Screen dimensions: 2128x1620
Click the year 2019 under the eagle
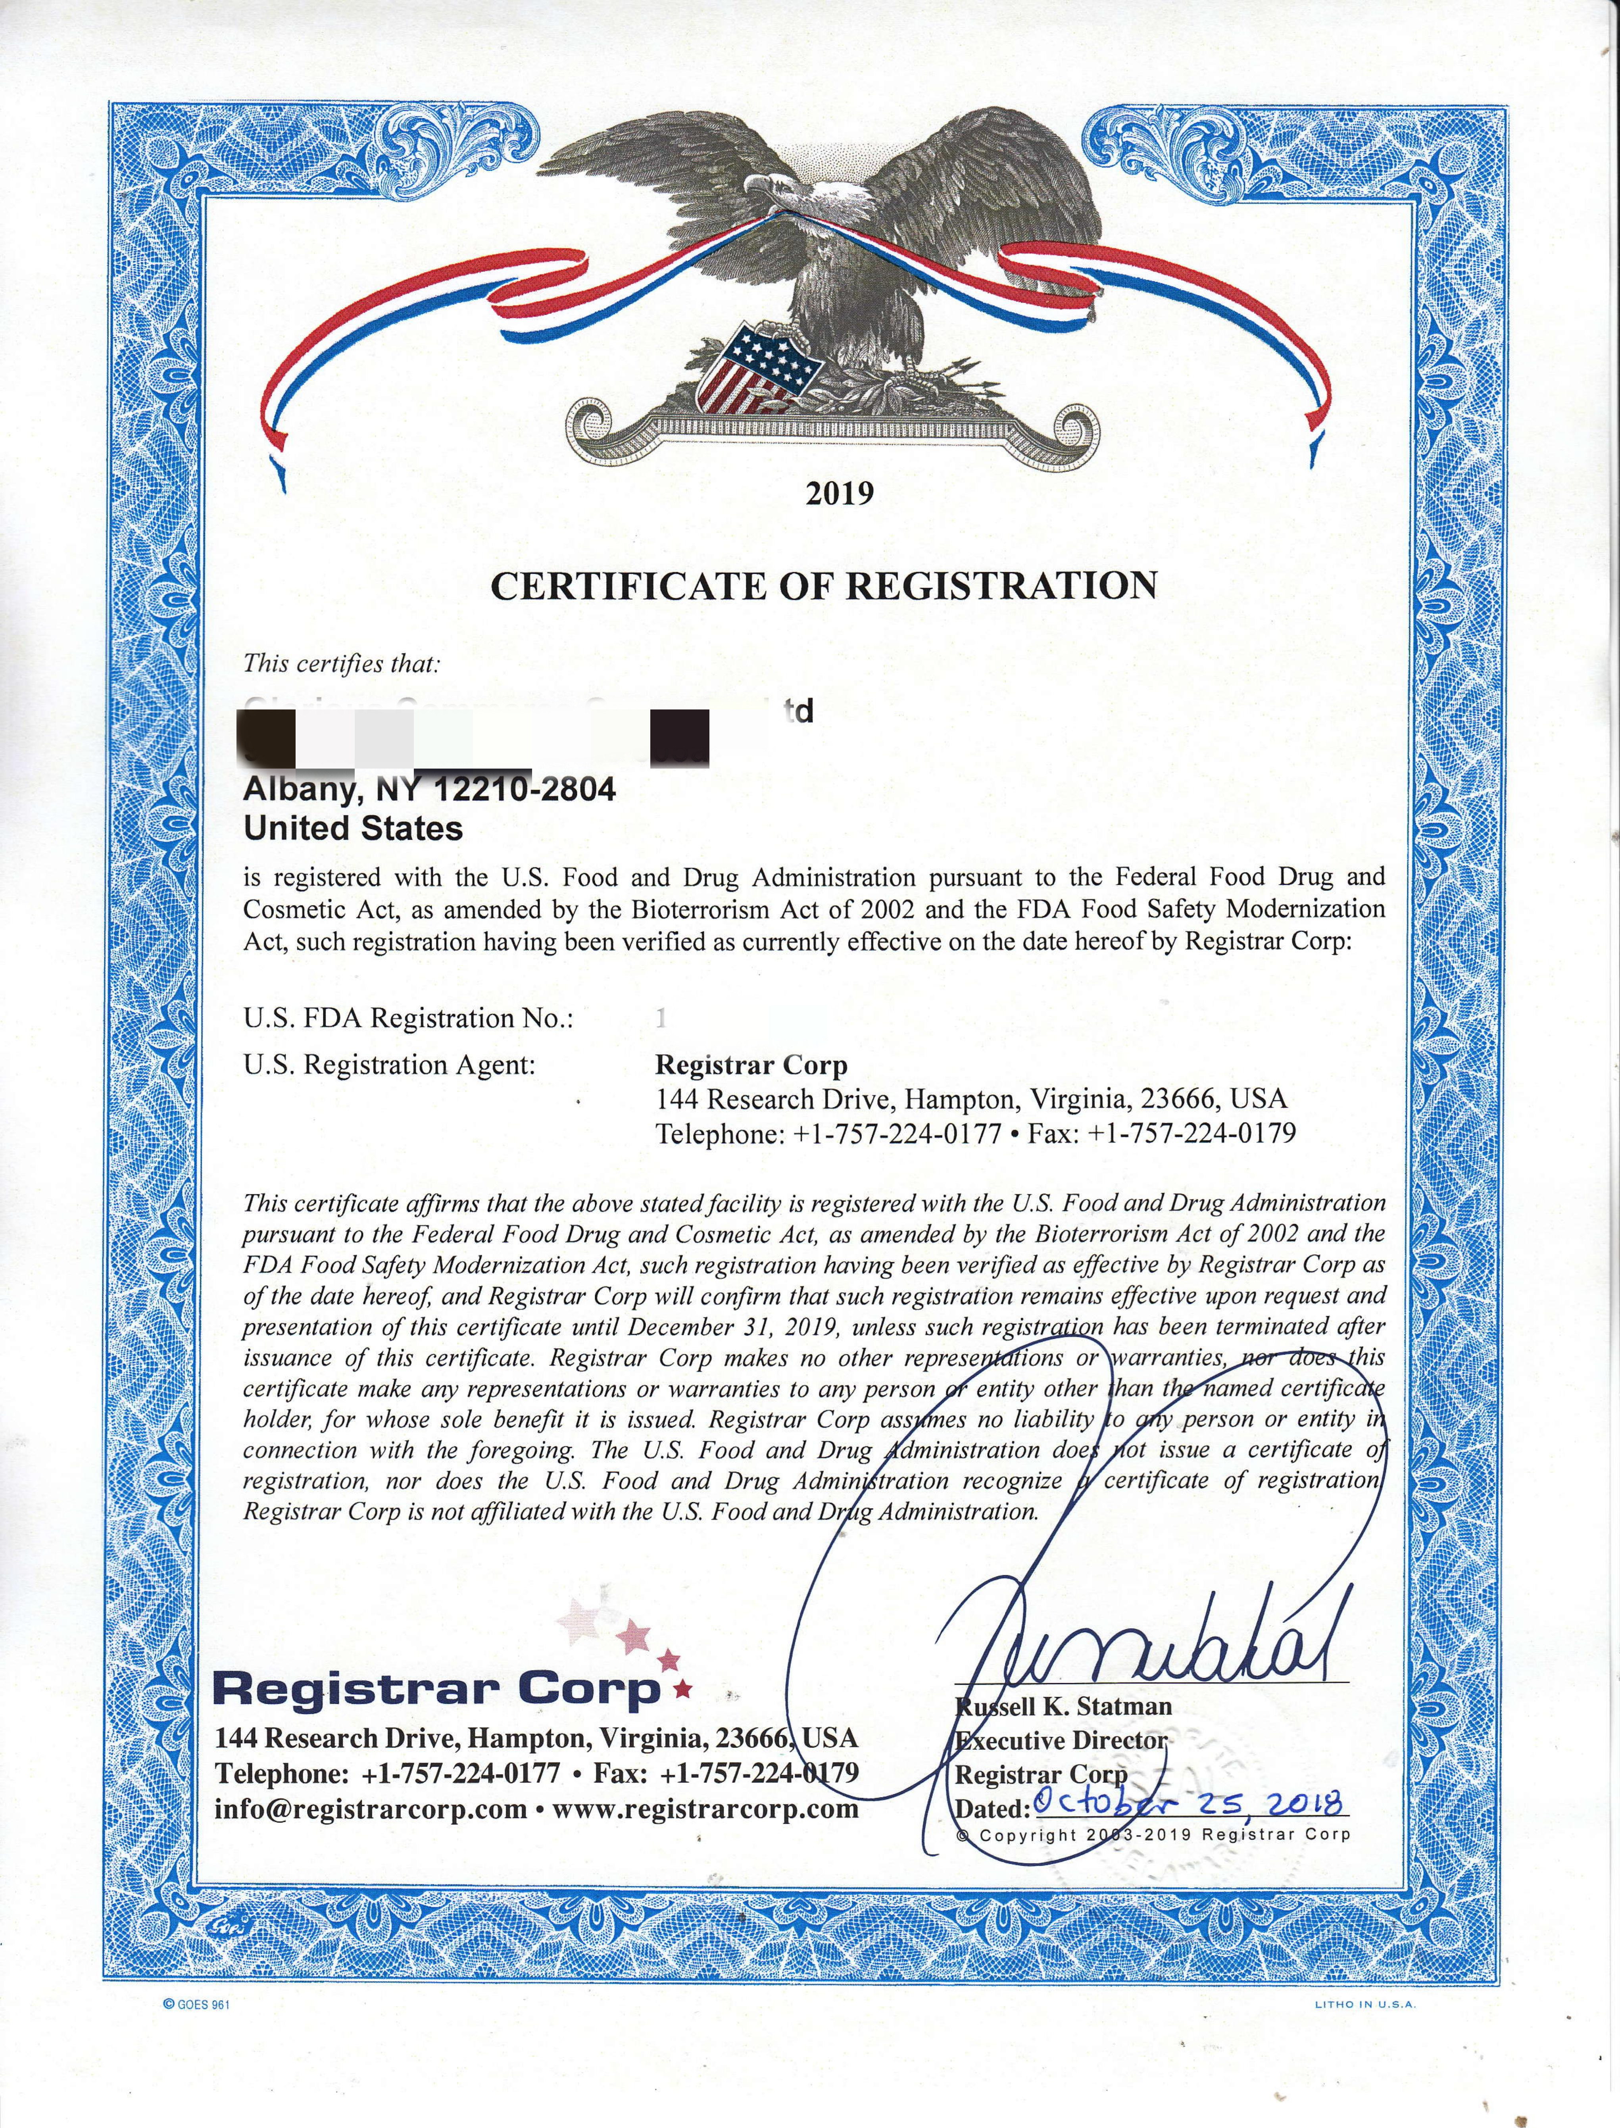(x=839, y=494)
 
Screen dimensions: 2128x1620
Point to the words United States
(x=353, y=828)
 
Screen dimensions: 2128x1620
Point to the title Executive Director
(x=1061, y=1740)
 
